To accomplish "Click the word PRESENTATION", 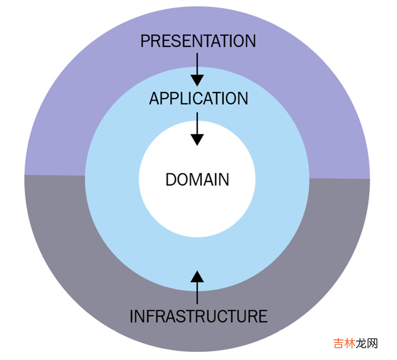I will (x=198, y=41).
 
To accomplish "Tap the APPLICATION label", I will (x=198, y=98).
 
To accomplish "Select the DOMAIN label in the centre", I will (x=197, y=180).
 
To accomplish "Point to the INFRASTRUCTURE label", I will (x=198, y=316).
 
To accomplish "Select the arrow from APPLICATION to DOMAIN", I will (x=197, y=128).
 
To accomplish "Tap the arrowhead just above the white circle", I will (x=197, y=139).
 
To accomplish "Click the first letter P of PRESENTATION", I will (x=145, y=41).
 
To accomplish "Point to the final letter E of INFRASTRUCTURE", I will (x=263, y=316).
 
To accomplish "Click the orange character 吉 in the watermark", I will (x=339, y=343).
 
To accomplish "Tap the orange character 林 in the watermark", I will (x=351, y=343).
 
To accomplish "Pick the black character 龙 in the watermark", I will (x=362, y=343).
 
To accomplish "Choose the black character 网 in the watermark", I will (x=372, y=343).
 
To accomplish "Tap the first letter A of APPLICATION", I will (x=154, y=98).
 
